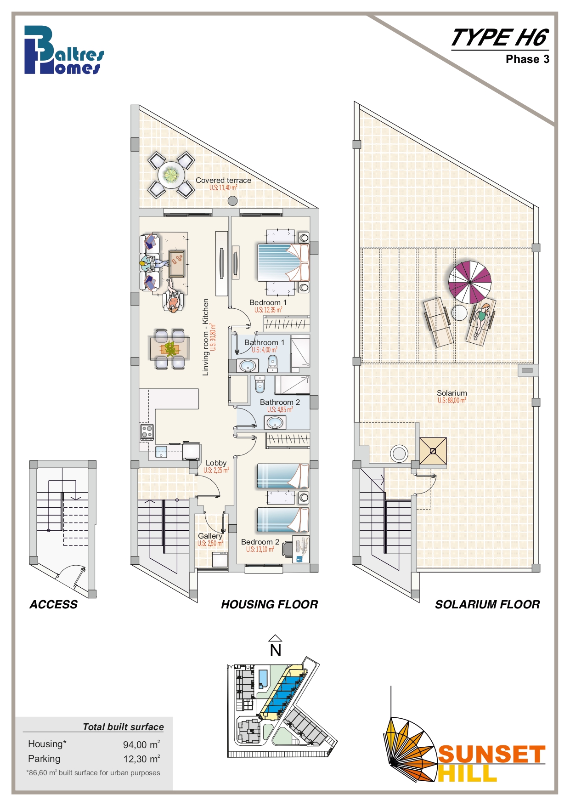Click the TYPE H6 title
coord(500,38)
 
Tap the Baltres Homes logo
coord(64,50)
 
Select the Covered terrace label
coord(223,180)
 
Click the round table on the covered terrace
coord(171,175)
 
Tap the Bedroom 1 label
coord(268,302)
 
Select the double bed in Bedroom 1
coord(283,262)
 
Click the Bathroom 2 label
coord(280,402)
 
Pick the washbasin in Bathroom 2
coord(275,422)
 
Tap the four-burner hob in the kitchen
coord(147,432)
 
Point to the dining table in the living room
coord(169,349)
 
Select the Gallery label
coord(210,536)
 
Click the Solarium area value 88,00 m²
coord(452,400)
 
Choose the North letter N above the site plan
coord(276,651)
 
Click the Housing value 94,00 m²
coord(141,744)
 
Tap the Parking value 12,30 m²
coord(141,759)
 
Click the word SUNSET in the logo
coord(492,755)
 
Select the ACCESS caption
coord(54,605)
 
